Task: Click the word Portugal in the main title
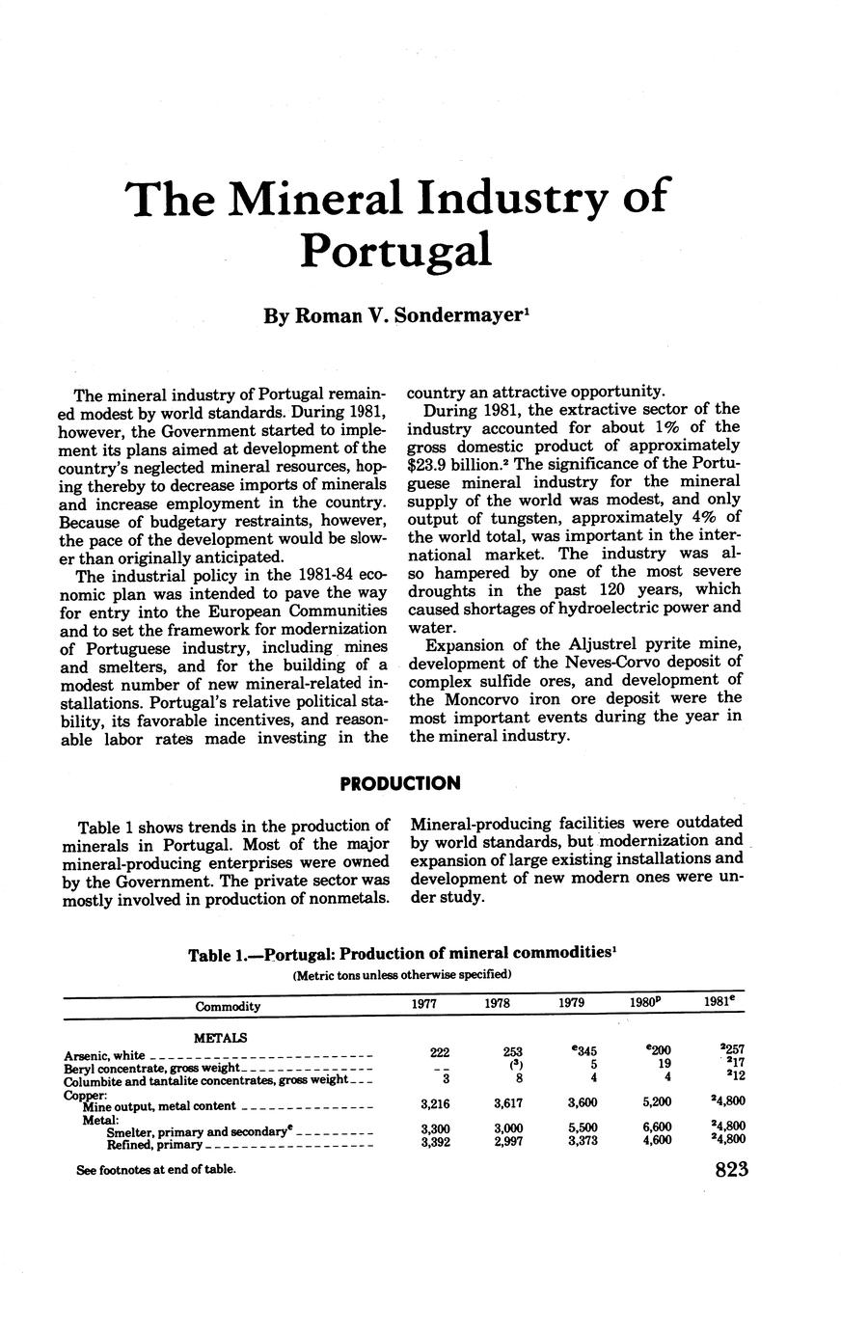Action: pos(396,250)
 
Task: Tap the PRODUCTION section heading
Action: pos(400,783)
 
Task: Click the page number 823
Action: pos(732,1170)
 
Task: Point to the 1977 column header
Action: pos(423,1003)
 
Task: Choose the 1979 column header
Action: pos(572,1003)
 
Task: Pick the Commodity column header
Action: pos(228,1006)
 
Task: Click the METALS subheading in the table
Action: pos(221,1038)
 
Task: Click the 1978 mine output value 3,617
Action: pos(508,1101)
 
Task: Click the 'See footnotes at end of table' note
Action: pos(155,1169)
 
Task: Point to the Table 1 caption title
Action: pos(402,955)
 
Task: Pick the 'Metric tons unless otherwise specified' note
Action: pos(401,975)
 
